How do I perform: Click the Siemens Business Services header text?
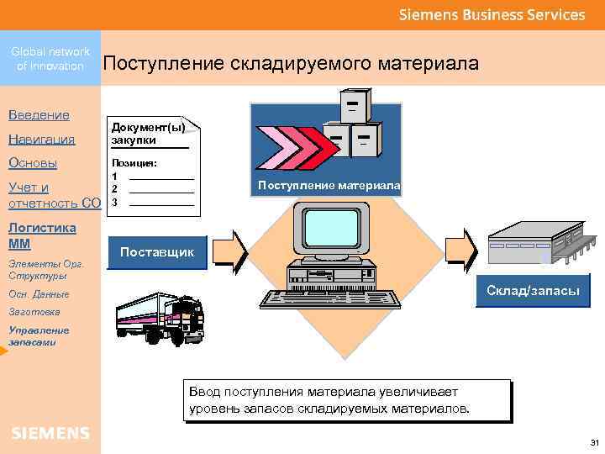click(x=492, y=14)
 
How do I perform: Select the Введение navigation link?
click(x=39, y=114)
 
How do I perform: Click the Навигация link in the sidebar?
click(x=41, y=139)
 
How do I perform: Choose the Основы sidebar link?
click(x=33, y=162)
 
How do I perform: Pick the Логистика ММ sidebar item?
click(x=42, y=235)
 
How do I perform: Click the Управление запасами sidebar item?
click(x=39, y=336)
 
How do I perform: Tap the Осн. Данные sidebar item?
click(x=39, y=294)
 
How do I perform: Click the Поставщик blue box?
click(x=157, y=252)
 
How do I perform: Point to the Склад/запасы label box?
click(x=533, y=290)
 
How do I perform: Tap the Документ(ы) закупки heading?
click(x=146, y=133)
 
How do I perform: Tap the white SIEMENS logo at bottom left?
click(x=50, y=433)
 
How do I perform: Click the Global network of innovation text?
click(x=50, y=59)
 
